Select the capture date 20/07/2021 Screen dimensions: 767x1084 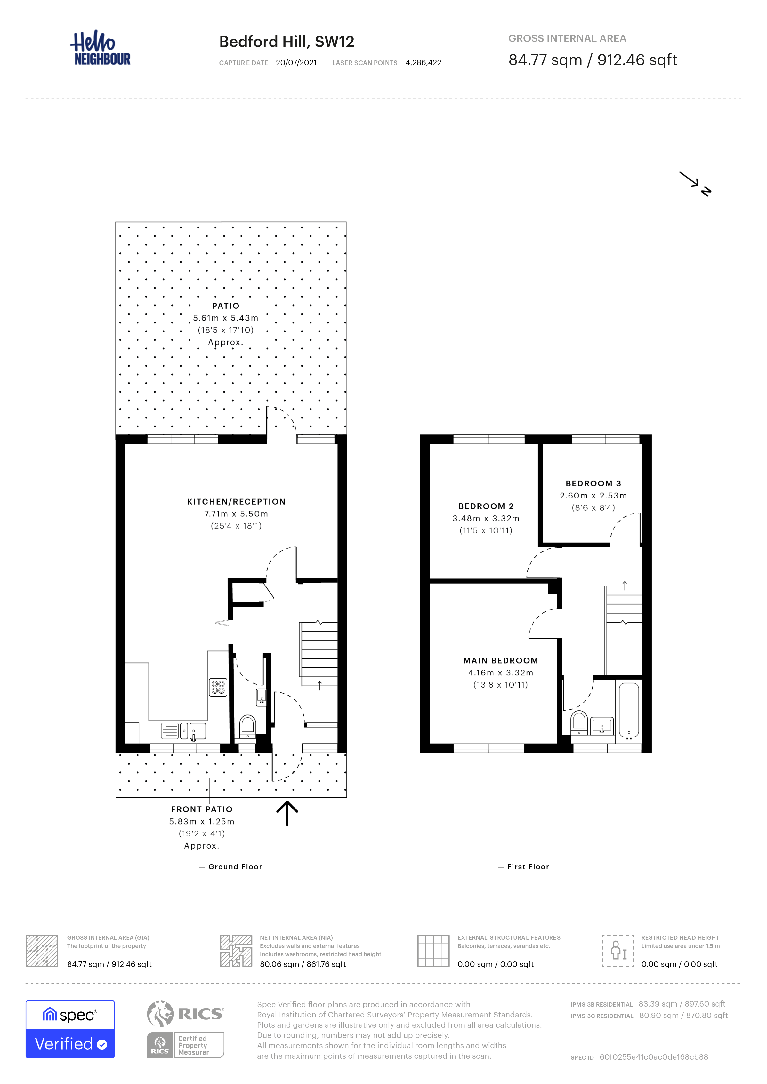296,63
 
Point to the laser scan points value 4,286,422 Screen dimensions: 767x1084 423,63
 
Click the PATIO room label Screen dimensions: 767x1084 226,306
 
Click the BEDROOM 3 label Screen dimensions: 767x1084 593,483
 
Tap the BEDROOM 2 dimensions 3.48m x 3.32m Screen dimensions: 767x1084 486,518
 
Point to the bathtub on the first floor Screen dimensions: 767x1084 629,710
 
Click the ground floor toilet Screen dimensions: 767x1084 247,726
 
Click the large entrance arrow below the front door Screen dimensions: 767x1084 287,813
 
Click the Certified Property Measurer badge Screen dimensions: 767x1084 186,1045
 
